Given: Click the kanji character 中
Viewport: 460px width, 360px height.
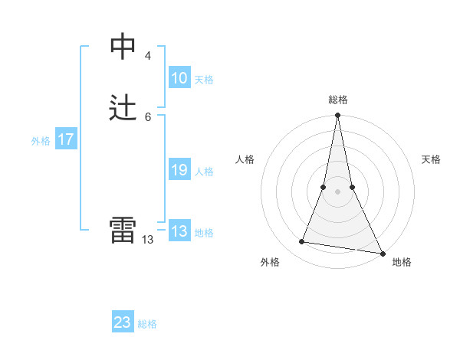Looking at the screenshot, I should (x=123, y=47).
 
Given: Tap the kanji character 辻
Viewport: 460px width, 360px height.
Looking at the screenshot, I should (x=123, y=108).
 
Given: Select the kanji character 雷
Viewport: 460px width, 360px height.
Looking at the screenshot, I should (x=123, y=230).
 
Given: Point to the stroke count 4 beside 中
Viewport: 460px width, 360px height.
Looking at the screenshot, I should (x=148, y=55).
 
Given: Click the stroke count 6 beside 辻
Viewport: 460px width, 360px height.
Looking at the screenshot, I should (x=148, y=116).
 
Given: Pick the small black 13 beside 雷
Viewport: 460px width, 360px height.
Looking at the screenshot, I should (x=148, y=239).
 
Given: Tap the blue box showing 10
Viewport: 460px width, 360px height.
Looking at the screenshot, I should (x=179, y=78).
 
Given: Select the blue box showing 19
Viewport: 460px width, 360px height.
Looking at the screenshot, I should (x=179, y=170).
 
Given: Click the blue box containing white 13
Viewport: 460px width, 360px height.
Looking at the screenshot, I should (x=179, y=231).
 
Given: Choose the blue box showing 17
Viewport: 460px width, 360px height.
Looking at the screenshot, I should (x=66, y=139).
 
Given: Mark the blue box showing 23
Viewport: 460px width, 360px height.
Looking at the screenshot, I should (x=123, y=322).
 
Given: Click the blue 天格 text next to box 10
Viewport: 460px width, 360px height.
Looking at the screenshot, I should (x=204, y=80).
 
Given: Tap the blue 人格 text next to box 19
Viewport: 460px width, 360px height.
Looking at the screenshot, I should (x=204, y=172).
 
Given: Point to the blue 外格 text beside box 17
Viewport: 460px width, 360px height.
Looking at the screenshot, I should (x=41, y=141).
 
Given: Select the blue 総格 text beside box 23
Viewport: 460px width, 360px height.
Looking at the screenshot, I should (x=147, y=324).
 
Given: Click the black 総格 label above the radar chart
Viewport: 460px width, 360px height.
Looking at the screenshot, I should (x=337, y=100).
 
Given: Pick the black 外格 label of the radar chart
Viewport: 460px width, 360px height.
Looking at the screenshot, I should (x=270, y=262).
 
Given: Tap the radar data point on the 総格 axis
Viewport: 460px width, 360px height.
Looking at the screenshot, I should (x=337, y=116).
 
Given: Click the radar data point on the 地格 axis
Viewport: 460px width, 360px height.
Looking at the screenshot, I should (x=382, y=252).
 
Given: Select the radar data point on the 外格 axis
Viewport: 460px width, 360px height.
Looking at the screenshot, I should (x=302, y=242).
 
